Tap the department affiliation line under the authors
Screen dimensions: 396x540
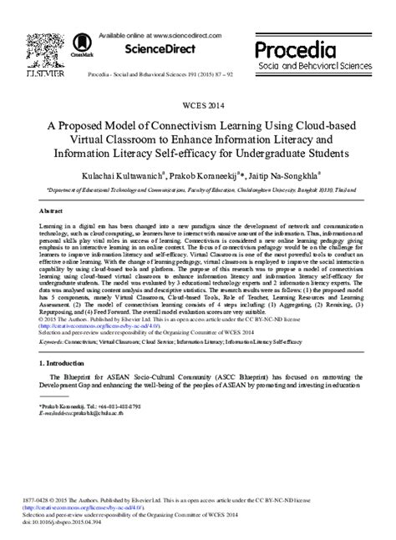(x=197, y=190)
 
